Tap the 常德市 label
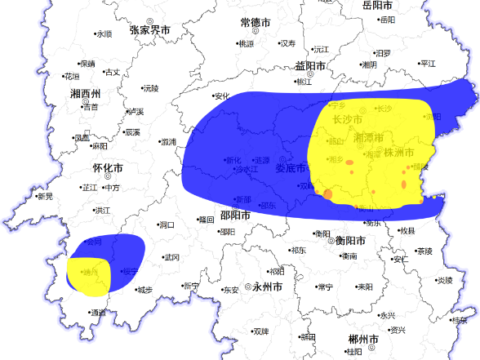[260, 22]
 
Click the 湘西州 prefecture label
[85, 93]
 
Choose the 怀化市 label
[108, 168]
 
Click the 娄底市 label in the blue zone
[290, 168]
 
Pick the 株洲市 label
[401, 153]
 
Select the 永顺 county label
[104, 34]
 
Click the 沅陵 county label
[150, 88]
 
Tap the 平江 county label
[427, 64]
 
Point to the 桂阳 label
[353, 352]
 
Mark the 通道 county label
[98, 313]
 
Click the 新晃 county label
[45, 197]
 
